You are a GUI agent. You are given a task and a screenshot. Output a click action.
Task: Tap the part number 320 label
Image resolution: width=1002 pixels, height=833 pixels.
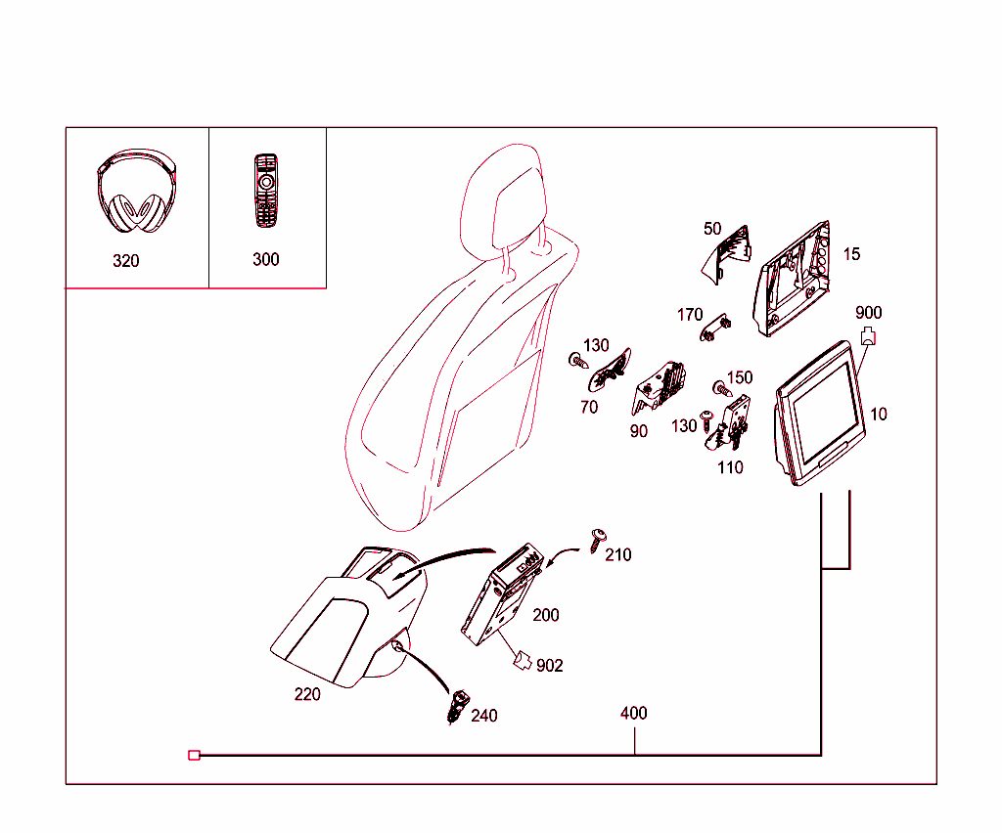pos(126,261)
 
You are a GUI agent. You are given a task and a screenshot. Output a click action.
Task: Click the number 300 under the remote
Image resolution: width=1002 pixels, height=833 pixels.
pos(265,259)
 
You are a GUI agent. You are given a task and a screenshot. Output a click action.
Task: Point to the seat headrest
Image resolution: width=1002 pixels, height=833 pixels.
pos(503,196)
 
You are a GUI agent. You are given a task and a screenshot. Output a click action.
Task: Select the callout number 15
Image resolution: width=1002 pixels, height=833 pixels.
pos(851,254)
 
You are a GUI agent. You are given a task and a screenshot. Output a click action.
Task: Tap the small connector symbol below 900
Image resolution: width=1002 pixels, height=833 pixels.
pos(867,338)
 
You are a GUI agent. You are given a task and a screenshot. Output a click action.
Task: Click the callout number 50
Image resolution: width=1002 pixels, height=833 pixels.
pos(712,229)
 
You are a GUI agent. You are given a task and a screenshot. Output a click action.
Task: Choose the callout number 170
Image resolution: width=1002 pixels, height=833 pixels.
pos(690,315)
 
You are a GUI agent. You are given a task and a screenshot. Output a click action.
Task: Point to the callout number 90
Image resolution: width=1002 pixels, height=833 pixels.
pos(638,431)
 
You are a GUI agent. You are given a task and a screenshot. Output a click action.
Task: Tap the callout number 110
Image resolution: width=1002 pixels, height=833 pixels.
pos(730,468)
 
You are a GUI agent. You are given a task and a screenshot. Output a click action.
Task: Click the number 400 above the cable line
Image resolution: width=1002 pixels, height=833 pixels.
pos(634,714)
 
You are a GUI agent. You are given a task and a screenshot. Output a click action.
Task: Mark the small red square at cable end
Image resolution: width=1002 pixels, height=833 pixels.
pos(194,755)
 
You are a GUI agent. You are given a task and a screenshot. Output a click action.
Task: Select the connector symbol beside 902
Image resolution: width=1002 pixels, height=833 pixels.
pos(523,662)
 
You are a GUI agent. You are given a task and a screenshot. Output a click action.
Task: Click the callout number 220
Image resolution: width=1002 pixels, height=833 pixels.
pos(307,695)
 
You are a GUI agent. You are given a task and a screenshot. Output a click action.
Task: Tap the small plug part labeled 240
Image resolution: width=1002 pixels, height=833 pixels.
pos(456,706)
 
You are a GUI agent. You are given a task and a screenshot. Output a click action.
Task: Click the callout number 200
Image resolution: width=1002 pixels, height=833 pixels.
pos(546,615)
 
